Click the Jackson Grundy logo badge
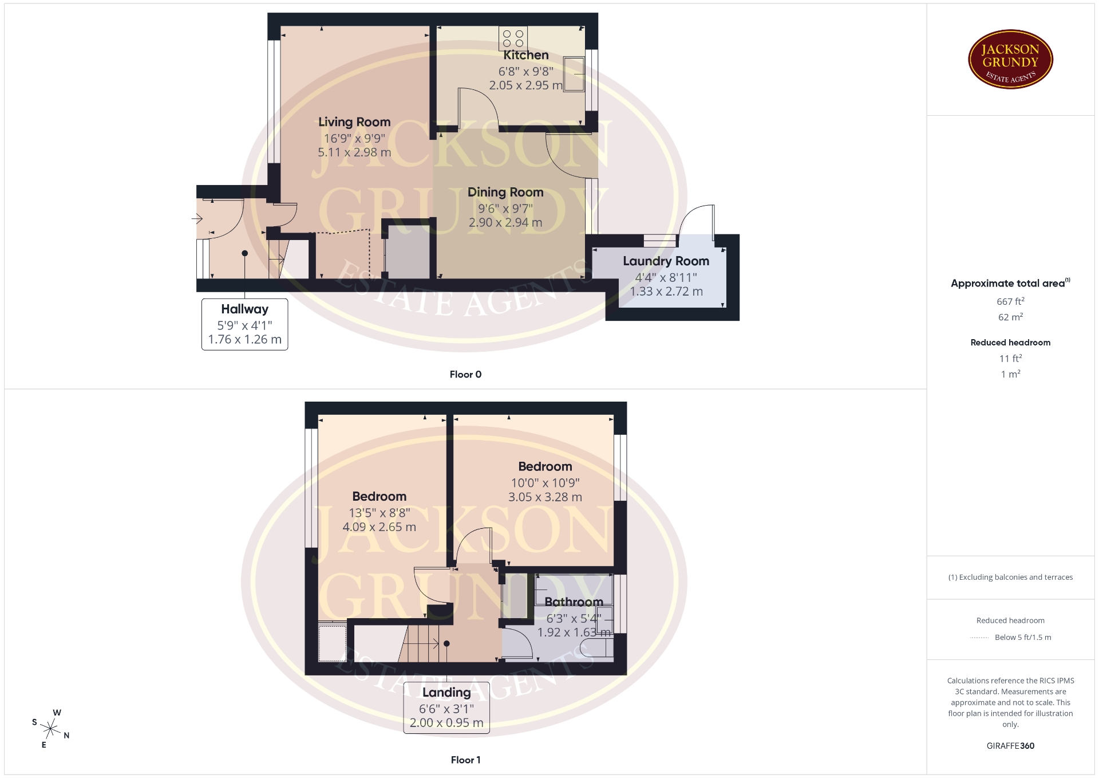1010,60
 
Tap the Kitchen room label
525,55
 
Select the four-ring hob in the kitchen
513,38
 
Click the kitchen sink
574,73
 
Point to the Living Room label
354,122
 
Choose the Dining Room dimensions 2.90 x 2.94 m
505,222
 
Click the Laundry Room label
666,261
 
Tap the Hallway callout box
244,324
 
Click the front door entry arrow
197,218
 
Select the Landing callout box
446,708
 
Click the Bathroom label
574,602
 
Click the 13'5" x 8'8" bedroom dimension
379,513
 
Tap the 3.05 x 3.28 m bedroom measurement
545,497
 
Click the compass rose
51,729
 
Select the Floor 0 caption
465,374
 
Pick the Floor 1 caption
465,760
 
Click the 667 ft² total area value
1010,301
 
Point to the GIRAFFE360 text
1010,746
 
